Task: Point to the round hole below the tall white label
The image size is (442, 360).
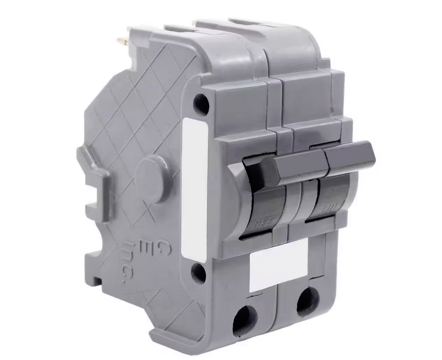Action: (x=198, y=271)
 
